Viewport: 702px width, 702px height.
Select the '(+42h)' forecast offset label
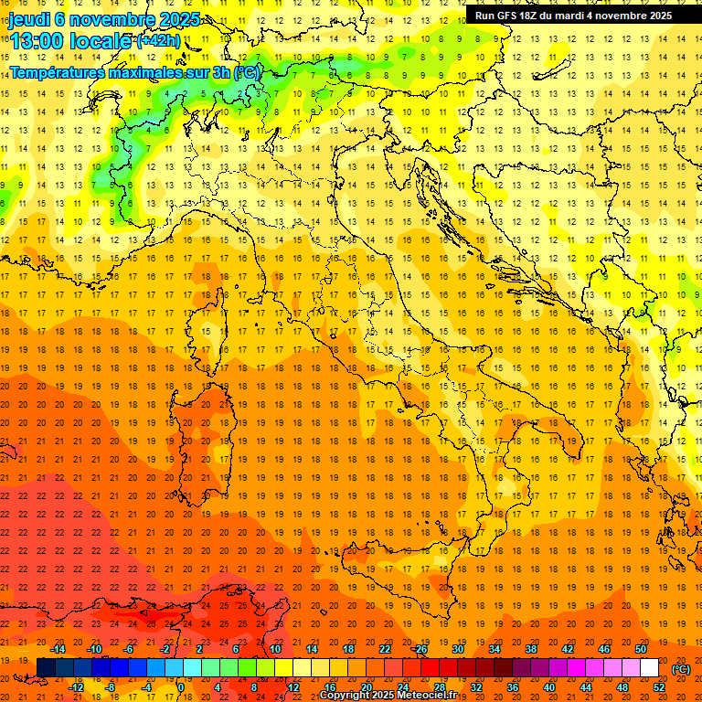coord(158,41)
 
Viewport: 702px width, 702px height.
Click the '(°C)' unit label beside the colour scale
coord(681,669)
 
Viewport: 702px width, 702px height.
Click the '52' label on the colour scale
coord(660,687)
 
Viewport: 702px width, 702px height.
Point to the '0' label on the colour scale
coord(180,687)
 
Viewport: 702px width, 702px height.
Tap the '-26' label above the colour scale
coord(420,649)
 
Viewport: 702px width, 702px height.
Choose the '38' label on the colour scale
coord(530,649)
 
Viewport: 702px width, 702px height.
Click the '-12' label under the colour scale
coord(76,687)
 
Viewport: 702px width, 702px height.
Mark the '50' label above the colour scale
coord(640,649)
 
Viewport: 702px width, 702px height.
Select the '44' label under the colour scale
coord(585,687)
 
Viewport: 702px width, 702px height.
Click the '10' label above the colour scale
coord(274,649)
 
